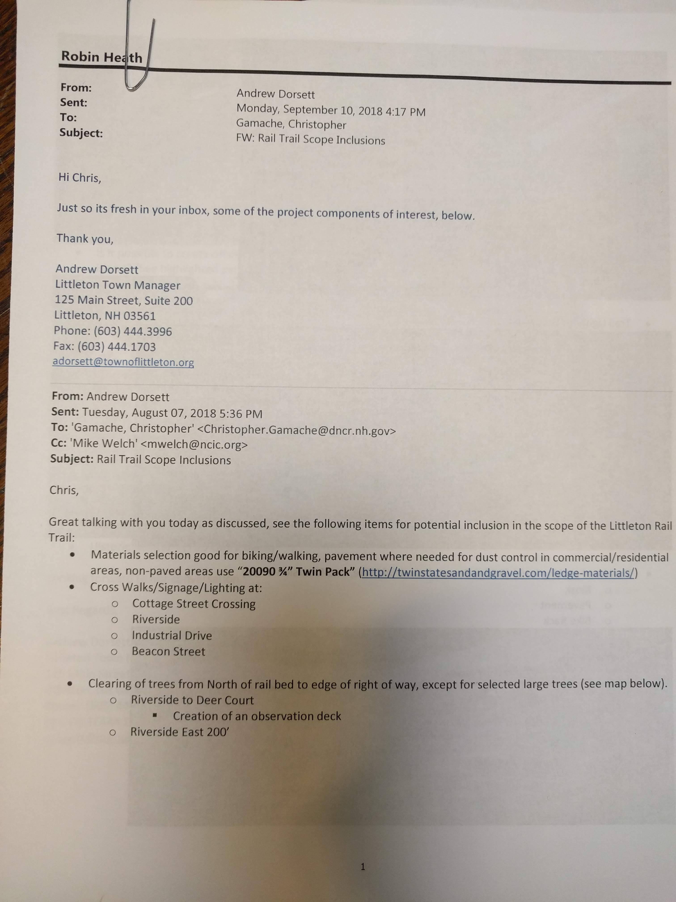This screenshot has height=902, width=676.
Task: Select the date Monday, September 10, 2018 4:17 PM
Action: [331, 110]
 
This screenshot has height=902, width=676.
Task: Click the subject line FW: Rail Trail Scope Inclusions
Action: [311, 139]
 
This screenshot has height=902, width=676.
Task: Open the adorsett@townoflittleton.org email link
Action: [123, 362]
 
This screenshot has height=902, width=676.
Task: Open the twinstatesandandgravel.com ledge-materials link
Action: [498, 573]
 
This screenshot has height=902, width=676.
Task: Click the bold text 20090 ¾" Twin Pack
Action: [296, 572]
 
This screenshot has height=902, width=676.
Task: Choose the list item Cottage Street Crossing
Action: [194, 604]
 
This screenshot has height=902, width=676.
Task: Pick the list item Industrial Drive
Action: [171, 635]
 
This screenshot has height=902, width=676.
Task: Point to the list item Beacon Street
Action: [168, 651]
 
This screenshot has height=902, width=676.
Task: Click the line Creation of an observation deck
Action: [257, 716]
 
